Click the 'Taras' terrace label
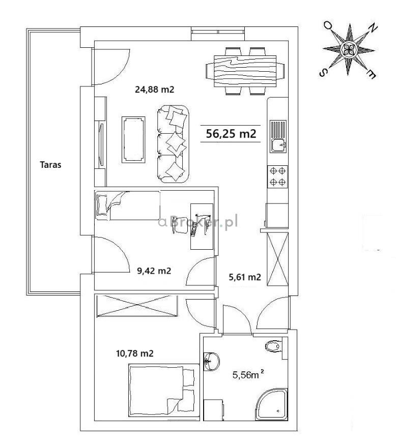50,164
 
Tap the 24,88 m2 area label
155,90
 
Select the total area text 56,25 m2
231,133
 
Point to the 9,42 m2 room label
154,271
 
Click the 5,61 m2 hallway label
245,277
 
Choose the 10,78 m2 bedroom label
135,353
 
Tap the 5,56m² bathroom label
248,375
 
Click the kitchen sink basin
278,145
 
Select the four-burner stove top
277,176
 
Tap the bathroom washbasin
211,362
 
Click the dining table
245,71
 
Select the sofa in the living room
173,144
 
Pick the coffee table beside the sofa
133,139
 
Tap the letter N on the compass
373,27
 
